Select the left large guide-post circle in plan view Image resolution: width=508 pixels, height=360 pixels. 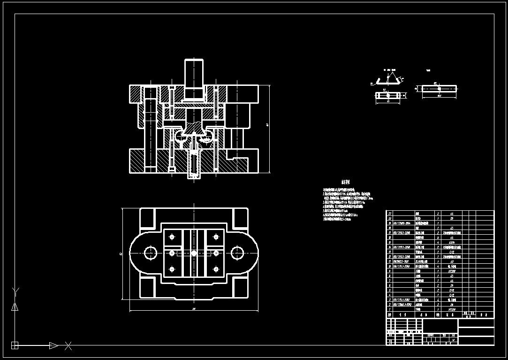tap(151, 253)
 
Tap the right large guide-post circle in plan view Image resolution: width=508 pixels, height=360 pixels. tap(237, 253)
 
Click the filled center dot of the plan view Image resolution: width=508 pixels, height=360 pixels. tap(194, 253)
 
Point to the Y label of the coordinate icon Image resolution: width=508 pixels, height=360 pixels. tap(15, 291)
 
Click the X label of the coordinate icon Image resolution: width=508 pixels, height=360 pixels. tap(68, 346)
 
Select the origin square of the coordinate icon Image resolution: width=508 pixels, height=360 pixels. tap(15, 346)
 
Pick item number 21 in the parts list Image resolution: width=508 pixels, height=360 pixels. tap(389, 213)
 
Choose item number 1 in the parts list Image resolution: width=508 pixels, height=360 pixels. tap(389, 310)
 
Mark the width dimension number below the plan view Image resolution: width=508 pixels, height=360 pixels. tap(194, 309)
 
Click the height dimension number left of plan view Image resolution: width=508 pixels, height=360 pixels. tap(121, 253)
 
